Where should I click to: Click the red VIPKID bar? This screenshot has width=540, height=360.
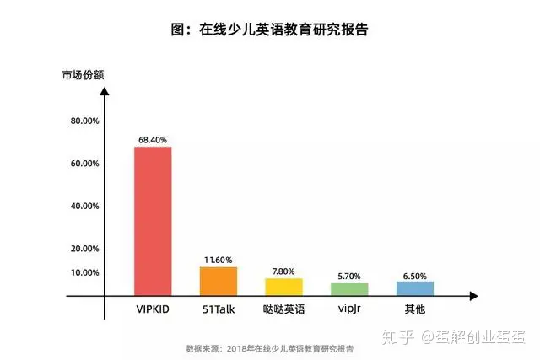click(x=153, y=221)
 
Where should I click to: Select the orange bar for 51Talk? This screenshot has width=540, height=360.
click(x=219, y=281)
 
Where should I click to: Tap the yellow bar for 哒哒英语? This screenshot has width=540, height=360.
click(x=283, y=287)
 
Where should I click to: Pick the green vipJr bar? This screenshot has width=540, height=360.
click(x=348, y=289)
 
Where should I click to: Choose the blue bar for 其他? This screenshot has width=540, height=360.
click(x=414, y=288)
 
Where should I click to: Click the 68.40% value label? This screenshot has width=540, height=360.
click(x=153, y=139)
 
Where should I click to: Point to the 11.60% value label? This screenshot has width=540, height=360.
click(x=219, y=260)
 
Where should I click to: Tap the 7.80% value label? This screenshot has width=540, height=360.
click(x=283, y=271)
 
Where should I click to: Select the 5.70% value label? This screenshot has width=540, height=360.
click(x=348, y=276)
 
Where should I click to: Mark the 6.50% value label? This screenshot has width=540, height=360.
click(x=414, y=274)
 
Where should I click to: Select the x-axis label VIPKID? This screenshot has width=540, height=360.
click(x=153, y=309)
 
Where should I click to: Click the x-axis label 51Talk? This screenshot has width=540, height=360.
click(x=219, y=309)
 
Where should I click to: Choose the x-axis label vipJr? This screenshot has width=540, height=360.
click(x=348, y=309)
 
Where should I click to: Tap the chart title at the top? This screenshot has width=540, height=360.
click(x=269, y=30)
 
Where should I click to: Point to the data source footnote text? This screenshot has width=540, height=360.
click(x=269, y=348)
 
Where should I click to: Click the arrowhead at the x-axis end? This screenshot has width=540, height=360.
click(x=474, y=297)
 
